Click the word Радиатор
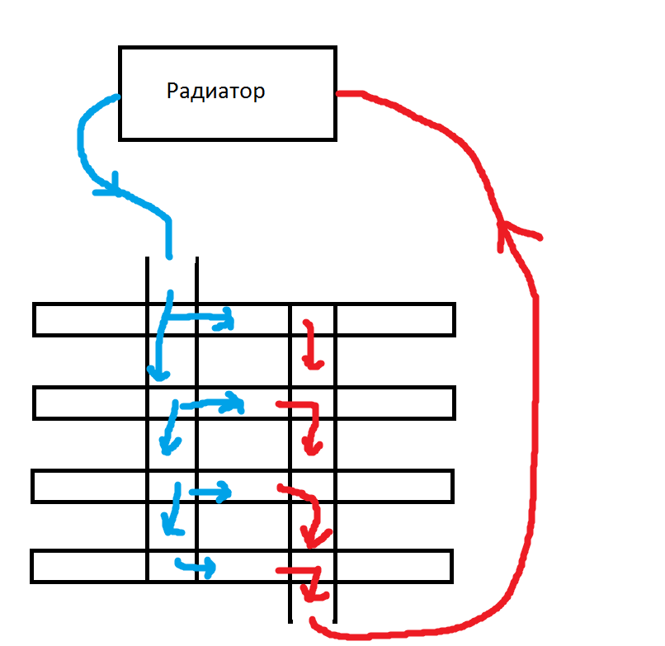coord(215,91)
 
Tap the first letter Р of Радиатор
coord(172,91)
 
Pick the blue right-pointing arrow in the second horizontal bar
coord(236,404)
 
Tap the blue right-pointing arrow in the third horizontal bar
coord(221,493)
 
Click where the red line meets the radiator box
coord(338,93)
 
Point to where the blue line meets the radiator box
coord(118,97)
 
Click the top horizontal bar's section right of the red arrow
coord(394,319)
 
